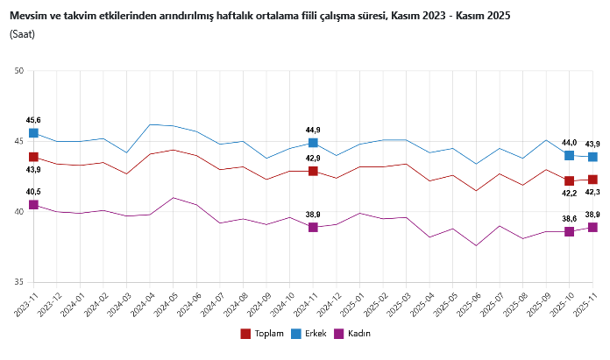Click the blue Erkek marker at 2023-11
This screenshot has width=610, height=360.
(33, 133)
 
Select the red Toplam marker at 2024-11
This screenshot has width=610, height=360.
(313, 171)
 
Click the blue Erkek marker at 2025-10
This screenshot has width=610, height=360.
(570, 155)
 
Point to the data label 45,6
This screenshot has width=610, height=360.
(33, 120)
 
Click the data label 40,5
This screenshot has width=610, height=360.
(33, 192)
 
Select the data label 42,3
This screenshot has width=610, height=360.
(593, 192)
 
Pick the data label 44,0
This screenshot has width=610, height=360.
(569, 143)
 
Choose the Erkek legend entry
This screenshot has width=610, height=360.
(309, 334)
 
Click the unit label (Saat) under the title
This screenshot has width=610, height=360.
(23, 34)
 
